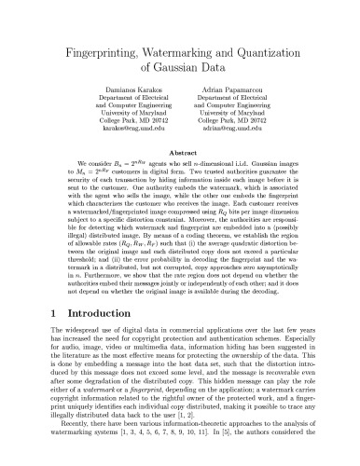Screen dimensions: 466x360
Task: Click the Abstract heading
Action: click(179, 159)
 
